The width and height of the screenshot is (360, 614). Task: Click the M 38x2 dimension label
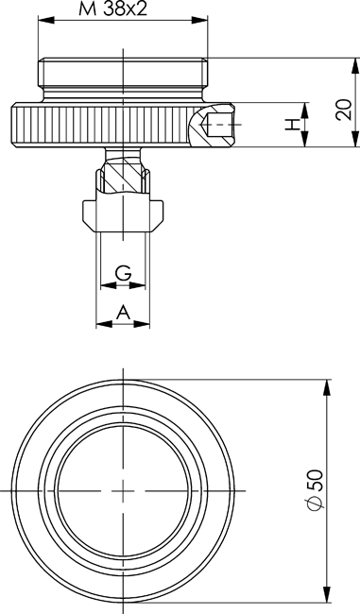(x=113, y=9)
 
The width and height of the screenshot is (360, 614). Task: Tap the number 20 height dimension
(x=344, y=110)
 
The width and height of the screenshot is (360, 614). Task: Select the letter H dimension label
(x=292, y=125)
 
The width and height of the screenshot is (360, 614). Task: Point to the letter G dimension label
(x=123, y=273)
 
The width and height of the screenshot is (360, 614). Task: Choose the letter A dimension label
(x=123, y=313)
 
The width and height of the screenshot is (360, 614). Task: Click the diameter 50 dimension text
(x=316, y=490)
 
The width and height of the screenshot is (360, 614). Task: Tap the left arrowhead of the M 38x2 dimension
(x=45, y=20)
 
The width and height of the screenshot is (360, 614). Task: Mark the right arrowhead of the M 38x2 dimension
(x=199, y=20)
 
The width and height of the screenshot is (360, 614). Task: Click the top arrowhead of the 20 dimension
(x=355, y=66)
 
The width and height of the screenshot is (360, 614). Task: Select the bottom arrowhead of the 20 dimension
(x=355, y=140)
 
